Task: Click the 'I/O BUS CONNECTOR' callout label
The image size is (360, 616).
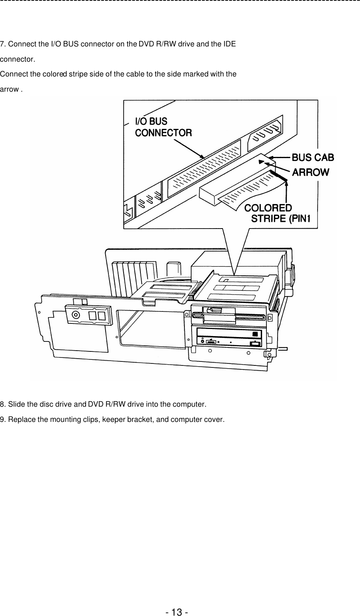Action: (x=163, y=127)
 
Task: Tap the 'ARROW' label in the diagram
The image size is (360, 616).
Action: (x=311, y=173)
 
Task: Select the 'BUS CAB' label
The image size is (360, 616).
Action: (x=313, y=157)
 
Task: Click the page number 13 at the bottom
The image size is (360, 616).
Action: (x=176, y=612)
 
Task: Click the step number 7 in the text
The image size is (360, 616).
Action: (x=2, y=44)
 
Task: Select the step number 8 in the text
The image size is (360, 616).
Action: (x=2, y=403)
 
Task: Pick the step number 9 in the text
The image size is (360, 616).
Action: (x=2, y=420)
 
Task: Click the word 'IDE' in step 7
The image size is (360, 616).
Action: (x=229, y=44)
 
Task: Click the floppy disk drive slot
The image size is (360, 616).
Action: (x=236, y=318)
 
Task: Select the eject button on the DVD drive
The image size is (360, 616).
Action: (x=255, y=343)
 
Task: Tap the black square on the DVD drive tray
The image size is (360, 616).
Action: (x=255, y=334)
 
